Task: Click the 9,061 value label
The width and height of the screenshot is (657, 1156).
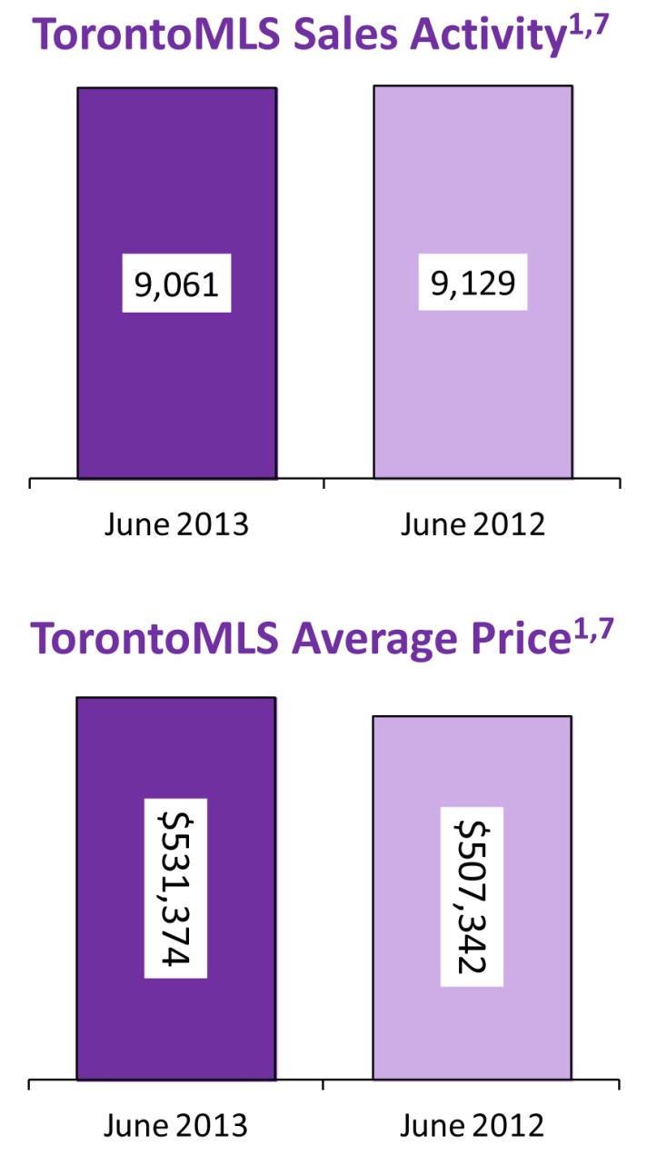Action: (x=176, y=284)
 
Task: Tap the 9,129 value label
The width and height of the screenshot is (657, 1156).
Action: (x=473, y=284)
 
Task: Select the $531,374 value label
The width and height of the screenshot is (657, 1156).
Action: (x=175, y=888)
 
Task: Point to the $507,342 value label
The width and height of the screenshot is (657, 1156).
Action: (x=472, y=896)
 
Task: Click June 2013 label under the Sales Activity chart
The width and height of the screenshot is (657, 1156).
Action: (x=176, y=524)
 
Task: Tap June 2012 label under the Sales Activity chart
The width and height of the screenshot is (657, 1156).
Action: (x=473, y=524)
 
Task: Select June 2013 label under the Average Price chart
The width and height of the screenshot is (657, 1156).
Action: (x=176, y=1126)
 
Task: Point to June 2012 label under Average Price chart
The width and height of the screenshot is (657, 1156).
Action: (x=473, y=1126)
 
